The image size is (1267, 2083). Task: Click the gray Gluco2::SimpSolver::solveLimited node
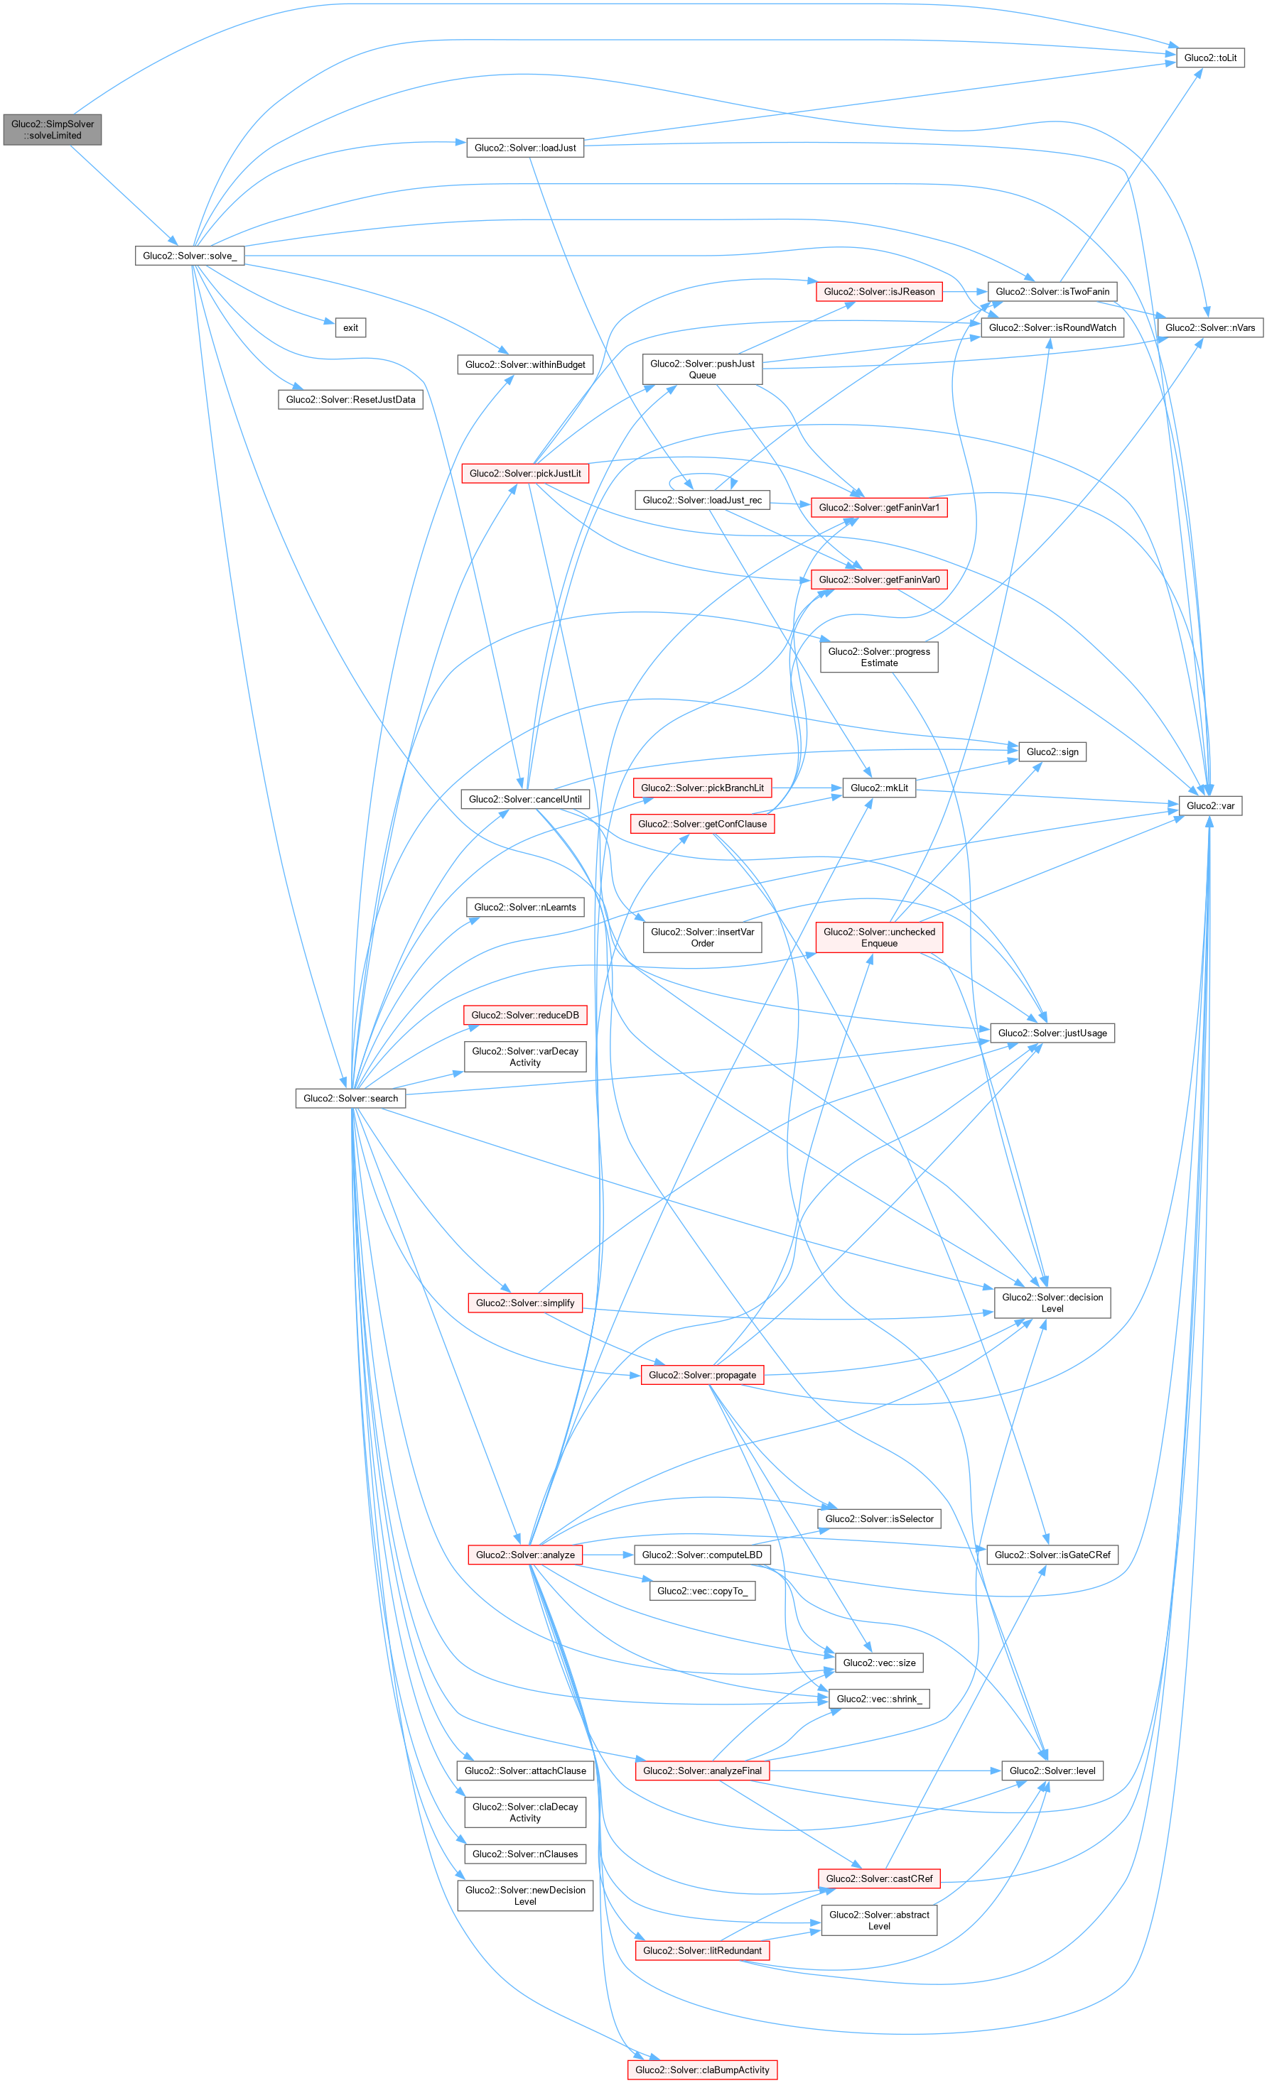[53, 129]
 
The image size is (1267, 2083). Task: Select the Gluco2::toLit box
[1209, 58]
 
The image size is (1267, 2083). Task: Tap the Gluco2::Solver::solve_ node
[190, 255]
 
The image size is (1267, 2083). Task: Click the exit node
[350, 327]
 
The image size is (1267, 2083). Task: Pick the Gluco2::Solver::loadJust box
[524, 148]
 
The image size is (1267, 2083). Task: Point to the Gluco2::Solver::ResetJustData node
[350, 399]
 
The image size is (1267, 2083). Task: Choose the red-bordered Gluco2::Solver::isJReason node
[879, 292]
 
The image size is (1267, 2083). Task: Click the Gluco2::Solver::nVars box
[1209, 327]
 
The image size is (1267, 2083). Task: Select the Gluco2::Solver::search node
[350, 1098]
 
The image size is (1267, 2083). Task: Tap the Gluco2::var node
[1209, 805]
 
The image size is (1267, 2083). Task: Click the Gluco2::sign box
[1052, 751]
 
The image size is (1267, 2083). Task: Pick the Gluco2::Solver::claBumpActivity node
[702, 2070]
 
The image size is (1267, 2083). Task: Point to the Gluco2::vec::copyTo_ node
[702, 1591]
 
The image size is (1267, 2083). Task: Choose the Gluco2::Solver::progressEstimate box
[879, 657]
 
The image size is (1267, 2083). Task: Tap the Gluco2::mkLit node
[879, 788]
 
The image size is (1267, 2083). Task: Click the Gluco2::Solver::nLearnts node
[524, 907]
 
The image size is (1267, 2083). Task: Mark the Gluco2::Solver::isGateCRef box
[1052, 1555]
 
